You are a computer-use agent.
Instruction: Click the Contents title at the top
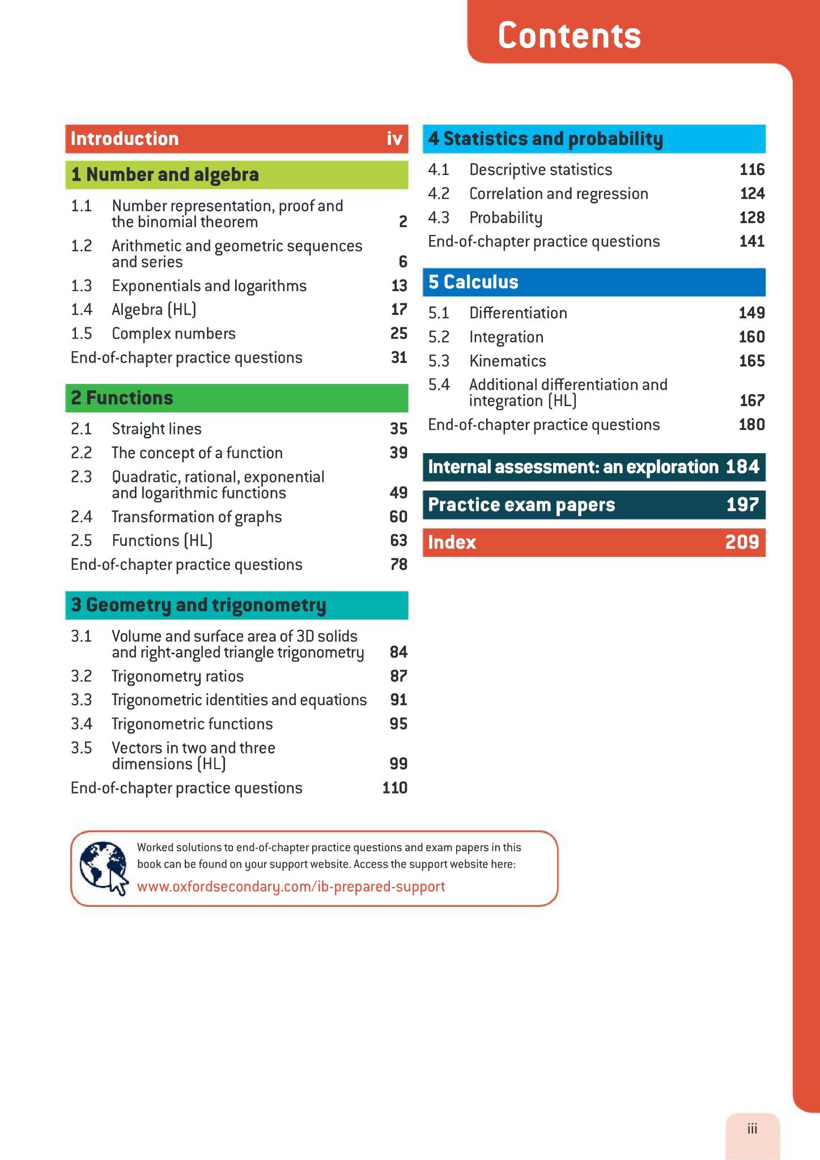pyautogui.click(x=570, y=36)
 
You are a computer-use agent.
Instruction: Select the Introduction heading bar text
pyautogui.click(x=125, y=139)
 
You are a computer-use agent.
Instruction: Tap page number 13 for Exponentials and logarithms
pyautogui.click(x=399, y=285)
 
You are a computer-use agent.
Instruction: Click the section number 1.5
pyautogui.click(x=82, y=333)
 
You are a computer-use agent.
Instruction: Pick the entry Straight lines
pyautogui.click(x=156, y=429)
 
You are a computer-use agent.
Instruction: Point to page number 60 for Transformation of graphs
pyautogui.click(x=398, y=517)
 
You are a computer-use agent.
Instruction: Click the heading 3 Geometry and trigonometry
pyautogui.click(x=198, y=605)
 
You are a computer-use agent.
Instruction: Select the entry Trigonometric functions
pyautogui.click(x=192, y=724)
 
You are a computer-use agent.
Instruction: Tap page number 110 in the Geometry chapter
pyautogui.click(x=395, y=788)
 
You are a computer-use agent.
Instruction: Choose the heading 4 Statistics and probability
pyautogui.click(x=545, y=139)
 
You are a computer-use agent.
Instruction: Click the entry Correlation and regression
pyautogui.click(x=559, y=194)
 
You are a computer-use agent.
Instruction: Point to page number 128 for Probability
pyautogui.click(x=753, y=217)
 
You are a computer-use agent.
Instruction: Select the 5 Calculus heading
pyautogui.click(x=473, y=282)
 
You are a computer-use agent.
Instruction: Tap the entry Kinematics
pyautogui.click(x=508, y=361)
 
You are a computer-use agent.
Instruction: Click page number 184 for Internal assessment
pyautogui.click(x=742, y=467)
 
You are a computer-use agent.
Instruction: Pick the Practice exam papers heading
pyautogui.click(x=521, y=505)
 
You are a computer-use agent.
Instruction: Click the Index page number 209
pyautogui.click(x=742, y=542)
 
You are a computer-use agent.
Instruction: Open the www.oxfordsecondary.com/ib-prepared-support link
pyautogui.click(x=291, y=886)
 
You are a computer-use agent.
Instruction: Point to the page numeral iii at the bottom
pyautogui.click(x=752, y=1129)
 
